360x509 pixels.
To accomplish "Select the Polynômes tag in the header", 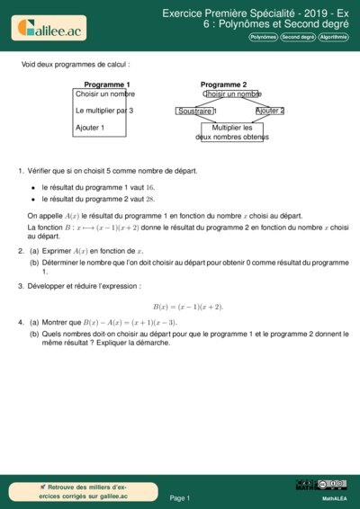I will (x=263, y=38).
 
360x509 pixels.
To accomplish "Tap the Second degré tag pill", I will (x=296, y=38).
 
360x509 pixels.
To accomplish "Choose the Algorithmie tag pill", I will (x=332, y=38).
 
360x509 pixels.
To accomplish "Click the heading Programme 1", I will (x=100, y=85).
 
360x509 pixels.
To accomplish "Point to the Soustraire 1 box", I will (x=197, y=111).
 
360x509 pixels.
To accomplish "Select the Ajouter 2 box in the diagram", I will (x=269, y=111).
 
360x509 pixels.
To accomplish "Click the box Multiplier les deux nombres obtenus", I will (x=231, y=132).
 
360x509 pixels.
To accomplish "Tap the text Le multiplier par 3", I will (x=104, y=111).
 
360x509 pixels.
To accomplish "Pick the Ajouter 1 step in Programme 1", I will (x=90, y=128).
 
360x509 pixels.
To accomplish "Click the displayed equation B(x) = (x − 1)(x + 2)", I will (x=187, y=306).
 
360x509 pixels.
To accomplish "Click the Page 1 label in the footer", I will (x=180, y=497).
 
